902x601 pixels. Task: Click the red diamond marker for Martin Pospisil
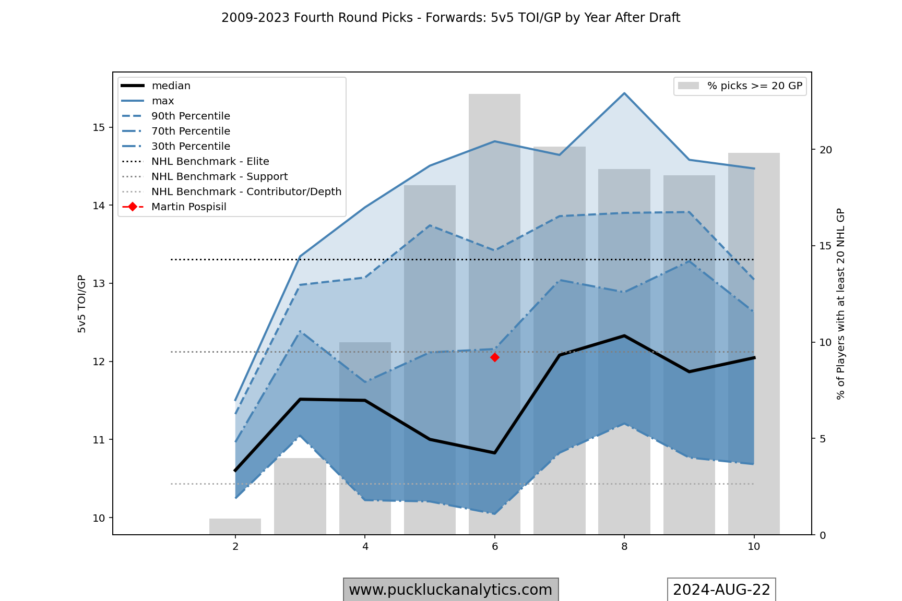(x=495, y=357)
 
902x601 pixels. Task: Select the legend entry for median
(x=171, y=86)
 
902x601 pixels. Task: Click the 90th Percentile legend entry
(x=191, y=116)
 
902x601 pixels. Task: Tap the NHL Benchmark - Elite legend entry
(x=210, y=161)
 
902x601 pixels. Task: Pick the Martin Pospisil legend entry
(x=188, y=207)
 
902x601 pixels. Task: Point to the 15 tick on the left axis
(x=99, y=128)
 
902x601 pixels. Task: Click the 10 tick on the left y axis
(x=99, y=518)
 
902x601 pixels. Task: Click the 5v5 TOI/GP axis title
(x=82, y=304)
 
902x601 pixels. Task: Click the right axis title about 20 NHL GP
(x=840, y=304)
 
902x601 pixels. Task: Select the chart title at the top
(x=450, y=18)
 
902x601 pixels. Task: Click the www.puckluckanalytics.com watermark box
(x=450, y=590)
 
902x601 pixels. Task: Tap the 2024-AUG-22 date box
(x=721, y=590)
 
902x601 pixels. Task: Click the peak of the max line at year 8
(x=624, y=93)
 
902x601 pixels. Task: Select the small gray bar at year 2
(x=235, y=526)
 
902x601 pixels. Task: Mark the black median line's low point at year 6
(x=494, y=453)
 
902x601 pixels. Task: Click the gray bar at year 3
(x=300, y=496)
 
